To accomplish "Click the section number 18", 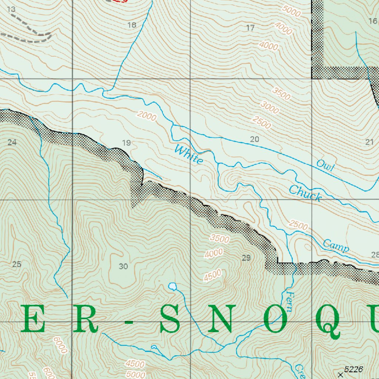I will tap(131, 25).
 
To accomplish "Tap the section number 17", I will tap(251, 27).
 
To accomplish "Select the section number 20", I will tap(254, 140).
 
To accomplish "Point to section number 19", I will tap(127, 142).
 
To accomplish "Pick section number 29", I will tap(246, 258).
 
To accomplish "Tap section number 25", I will tap(17, 264).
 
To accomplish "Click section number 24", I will tap(12, 142).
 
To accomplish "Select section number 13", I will tap(11, 9).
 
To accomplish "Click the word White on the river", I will tap(189, 155).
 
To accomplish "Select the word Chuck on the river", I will tap(305, 193).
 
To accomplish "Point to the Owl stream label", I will tap(325, 166).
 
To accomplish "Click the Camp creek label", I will tap(336, 246).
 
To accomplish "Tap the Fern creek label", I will tap(290, 301).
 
